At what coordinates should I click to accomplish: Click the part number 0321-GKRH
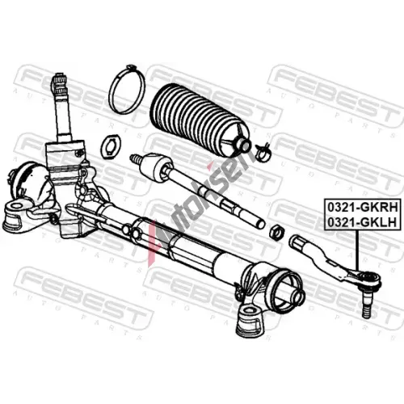click(x=362, y=208)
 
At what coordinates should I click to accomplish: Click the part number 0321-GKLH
click(x=362, y=222)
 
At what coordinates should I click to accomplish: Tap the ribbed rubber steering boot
click(x=200, y=119)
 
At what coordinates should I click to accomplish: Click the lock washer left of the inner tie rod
click(x=112, y=147)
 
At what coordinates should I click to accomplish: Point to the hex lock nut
click(x=277, y=232)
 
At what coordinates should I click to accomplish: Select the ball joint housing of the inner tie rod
click(x=156, y=167)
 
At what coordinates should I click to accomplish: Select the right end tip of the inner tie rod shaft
click(x=260, y=225)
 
